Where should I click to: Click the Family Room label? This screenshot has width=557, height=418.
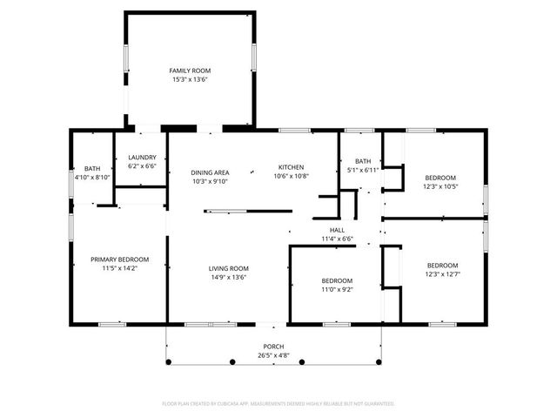pos(190,71)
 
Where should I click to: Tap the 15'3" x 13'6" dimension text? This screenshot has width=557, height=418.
pos(190,79)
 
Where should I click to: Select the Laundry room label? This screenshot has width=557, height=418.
pos(142,158)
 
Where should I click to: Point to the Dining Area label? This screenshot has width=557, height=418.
pos(210,172)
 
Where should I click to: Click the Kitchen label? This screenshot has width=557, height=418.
pos(291,166)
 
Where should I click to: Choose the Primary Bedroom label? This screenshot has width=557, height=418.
pos(120,260)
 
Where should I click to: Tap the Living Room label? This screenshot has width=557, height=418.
pos(229,268)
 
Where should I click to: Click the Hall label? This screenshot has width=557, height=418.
pos(335,230)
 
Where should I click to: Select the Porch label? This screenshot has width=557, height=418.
pos(273,347)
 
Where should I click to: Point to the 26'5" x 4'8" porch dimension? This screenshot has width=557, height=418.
pos(273,355)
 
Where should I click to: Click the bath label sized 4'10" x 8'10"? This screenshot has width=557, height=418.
pos(91,168)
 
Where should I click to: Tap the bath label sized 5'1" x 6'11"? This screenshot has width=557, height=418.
pos(362,161)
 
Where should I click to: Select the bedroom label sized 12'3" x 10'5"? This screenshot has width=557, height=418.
pos(440,177)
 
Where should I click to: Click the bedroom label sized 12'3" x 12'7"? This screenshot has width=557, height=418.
pos(442,265)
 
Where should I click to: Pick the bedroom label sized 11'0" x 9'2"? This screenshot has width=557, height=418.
pos(337,280)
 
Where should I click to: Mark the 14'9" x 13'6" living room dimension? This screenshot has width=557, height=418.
pos(229,277)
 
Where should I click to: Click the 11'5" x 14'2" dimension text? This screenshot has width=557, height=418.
pos(120,268)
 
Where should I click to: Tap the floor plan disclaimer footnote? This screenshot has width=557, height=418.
pos(278,404)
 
